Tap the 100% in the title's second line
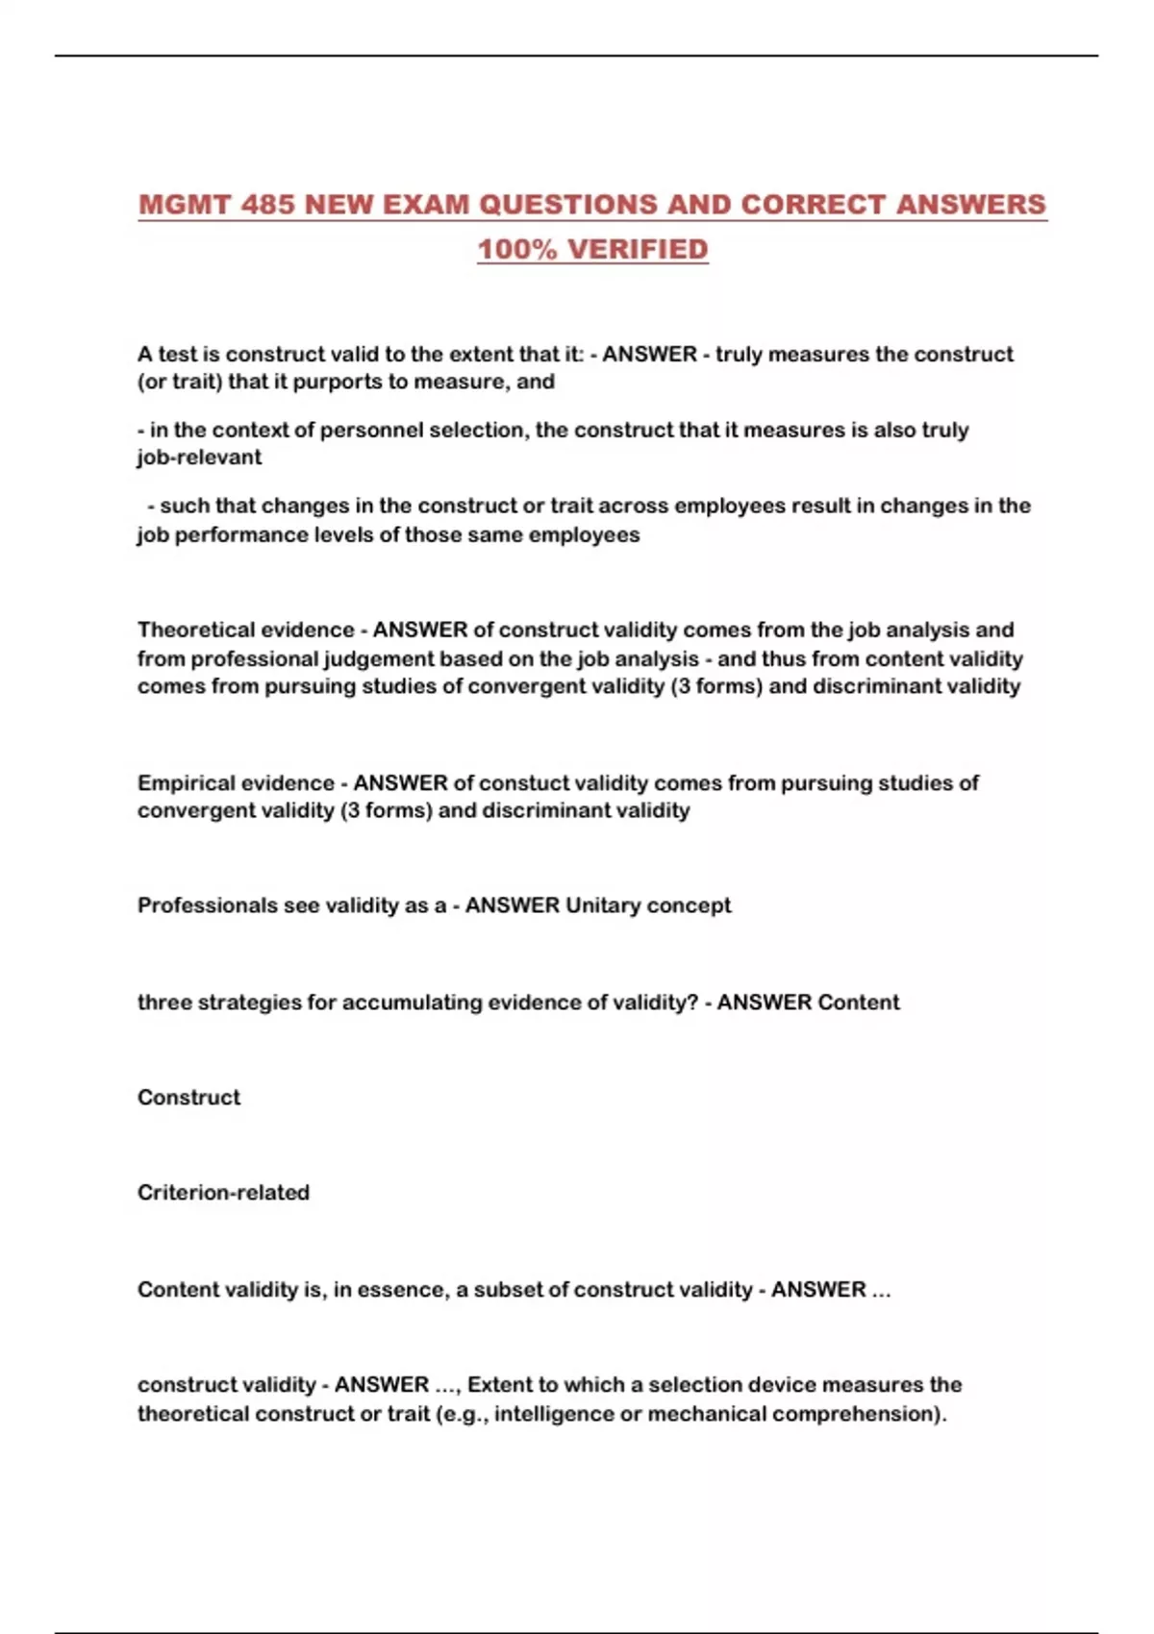click(x=517, y=249)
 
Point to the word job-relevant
click(x=199, y=458)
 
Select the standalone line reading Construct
click(x=188, y=1097)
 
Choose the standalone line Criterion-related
click(x=223, y=1192)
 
